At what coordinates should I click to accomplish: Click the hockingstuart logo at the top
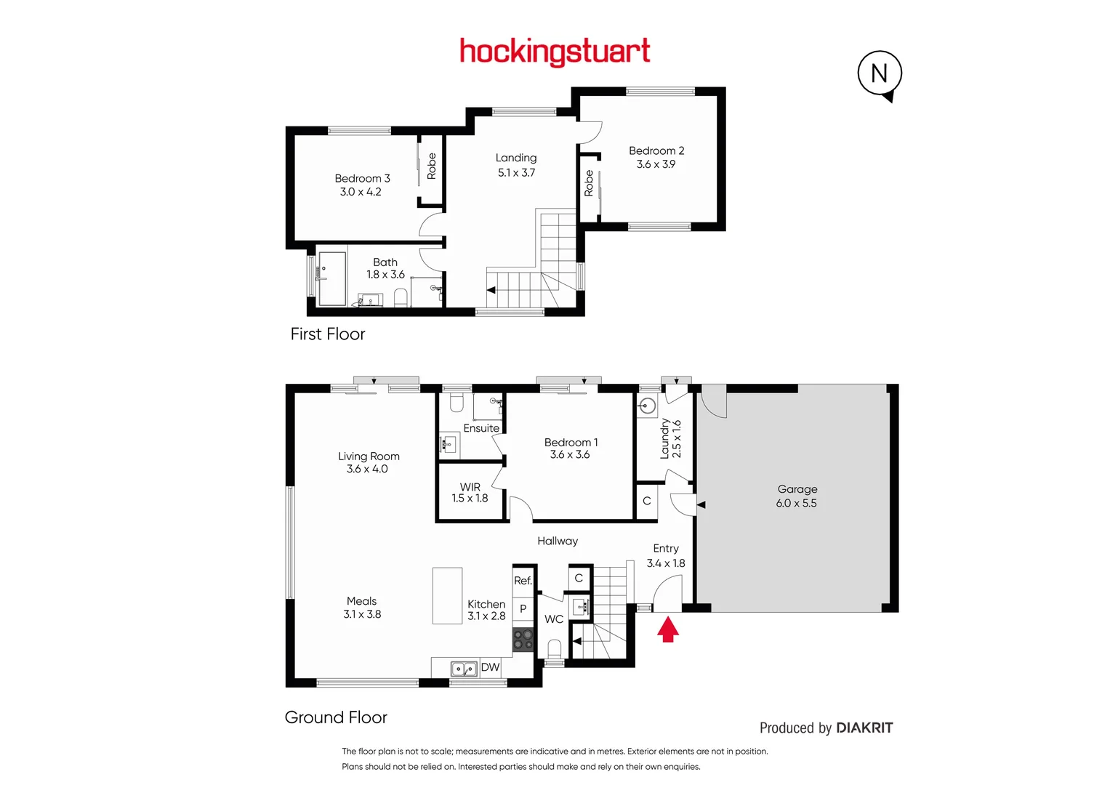(x=555, y=52)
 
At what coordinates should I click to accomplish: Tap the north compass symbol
(x=880, y=75)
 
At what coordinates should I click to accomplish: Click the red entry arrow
(x=668, y=629)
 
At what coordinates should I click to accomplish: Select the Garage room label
(x=797, y=489)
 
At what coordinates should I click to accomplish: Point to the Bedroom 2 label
(x=656, y=150)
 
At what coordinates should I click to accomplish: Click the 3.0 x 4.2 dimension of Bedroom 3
(x=361, y=192)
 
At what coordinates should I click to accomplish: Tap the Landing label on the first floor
(x=516, y=158)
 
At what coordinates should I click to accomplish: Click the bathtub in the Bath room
(x=332, y=278)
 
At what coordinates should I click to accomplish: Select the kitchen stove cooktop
(x=523, y=639)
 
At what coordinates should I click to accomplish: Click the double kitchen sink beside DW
(x=464, y=669)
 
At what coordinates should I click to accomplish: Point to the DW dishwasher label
(x=490, y=667)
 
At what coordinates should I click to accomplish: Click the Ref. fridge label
(x=523, y=580)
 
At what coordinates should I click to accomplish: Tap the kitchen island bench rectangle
(x=448, y=596)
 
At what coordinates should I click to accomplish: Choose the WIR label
(x=470, y=487)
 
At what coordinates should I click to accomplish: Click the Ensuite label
(x=481, y=428)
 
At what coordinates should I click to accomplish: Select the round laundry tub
(x=647, y=406)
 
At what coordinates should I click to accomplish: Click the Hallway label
(x=558, y=542)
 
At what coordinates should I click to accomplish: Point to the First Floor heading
(x=328, y=334)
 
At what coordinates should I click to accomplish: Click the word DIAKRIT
(x=865, y=728)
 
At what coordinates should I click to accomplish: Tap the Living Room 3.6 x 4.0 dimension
(x=367, y=469)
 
